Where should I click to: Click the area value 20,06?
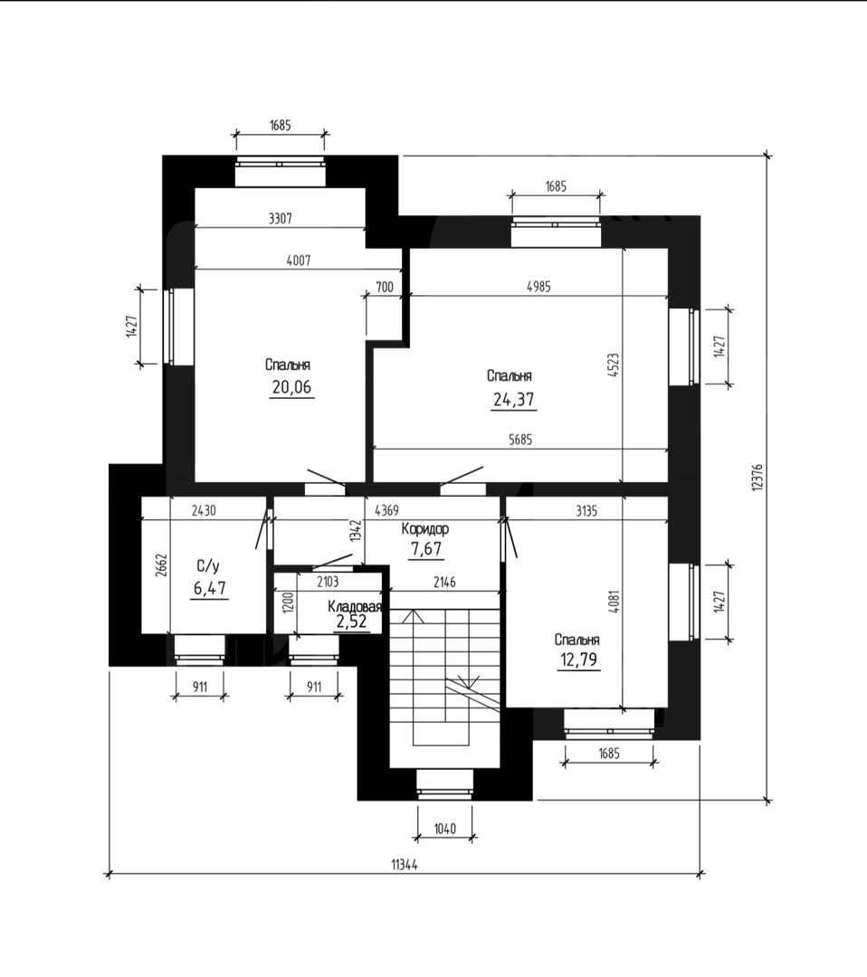pyautogui.click(x=291, y=387)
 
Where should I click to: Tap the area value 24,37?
pyautogui.click(x=513, y=399)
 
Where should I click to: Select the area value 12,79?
pyautogui.click(x=579, y=659)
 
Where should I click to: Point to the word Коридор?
pyautogui.click(x=425, y=529)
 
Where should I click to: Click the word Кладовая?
pyautogui.click(x=355, y=606)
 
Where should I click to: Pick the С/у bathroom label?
pyautogui.click(x=208, y=566)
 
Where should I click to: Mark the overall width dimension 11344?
pyautogui.click(x=405, y=865)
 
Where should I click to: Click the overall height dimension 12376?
pyautogui.click(x=757, y=477)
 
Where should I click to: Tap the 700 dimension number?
pyautogui.click(x=385, y=287)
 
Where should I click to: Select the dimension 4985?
pyautogui.click(x=538, y=287)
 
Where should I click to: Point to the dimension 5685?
pyautogui.click(x=520, y=440)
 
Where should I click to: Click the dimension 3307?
pyautogui.click(x=280, y=218)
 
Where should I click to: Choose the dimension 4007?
pyautogui.click(x=298, y=261)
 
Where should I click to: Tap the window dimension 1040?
pyautogui.click(x=444, y=828)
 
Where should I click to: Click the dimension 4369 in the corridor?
pyautogui.click(x=386, y=510)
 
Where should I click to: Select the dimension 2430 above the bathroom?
pyautogui.click(x=204, y=510)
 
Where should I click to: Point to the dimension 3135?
pyautogui.click(x=586, y=511)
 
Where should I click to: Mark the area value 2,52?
pyautogui.click(x=351, y=621)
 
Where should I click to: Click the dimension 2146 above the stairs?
pyautogui.click(x=444, y=582)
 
